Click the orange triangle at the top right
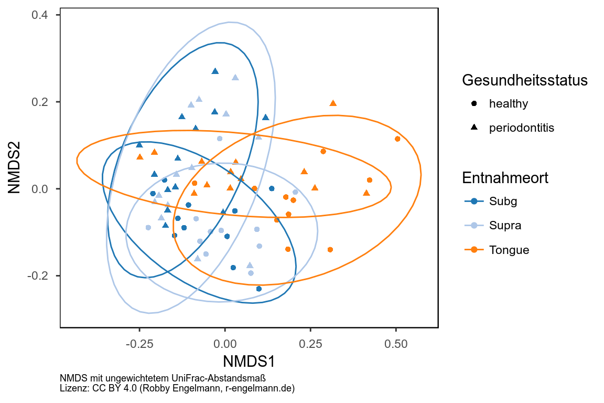click(x=333, y=103)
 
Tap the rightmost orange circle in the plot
click(x=397, y=139)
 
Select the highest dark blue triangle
click(x=215, y=71)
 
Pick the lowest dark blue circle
click(x=259, y=289)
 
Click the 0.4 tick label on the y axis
click(x=39, y=15)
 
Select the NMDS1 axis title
click(x=249, y=362)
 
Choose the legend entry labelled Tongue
click(x=509, y=250)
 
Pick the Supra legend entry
click(x=505, y=225)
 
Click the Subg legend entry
click(x=503, y=200)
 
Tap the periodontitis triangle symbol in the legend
click(x=474, y=128)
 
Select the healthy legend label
click(x=508, y=103)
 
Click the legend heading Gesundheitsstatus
click(x=524, y=80)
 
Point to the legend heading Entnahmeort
click(x=505, y=178)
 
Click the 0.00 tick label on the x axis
click(x=225, y=344)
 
